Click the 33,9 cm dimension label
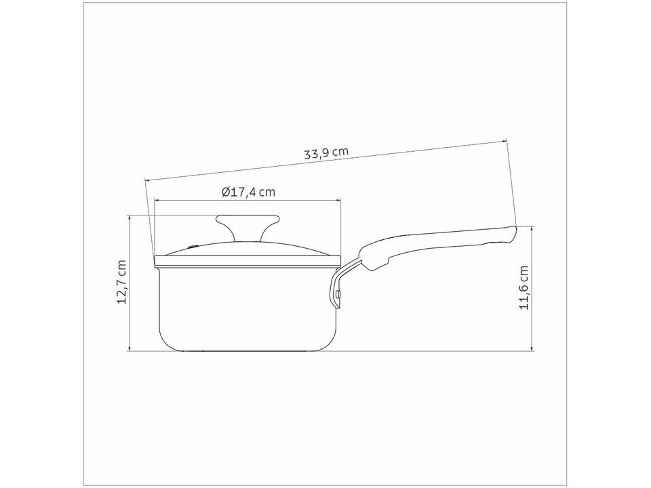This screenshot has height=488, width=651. [x=326, y=153]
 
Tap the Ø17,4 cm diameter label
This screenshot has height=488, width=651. [x=248, y=192]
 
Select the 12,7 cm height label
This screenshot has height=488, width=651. [x=121, y=282]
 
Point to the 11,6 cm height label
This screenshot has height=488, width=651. [x=524, y=287]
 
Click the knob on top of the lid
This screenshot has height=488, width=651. [x=248, y=226]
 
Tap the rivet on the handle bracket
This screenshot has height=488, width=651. [x=339, y=294]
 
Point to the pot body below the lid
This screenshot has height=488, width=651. [x=248, y=309]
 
